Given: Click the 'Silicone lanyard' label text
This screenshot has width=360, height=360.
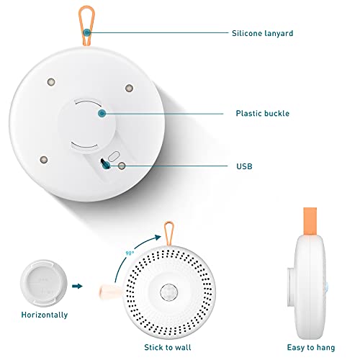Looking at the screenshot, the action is pyautogui.click(x=262, y=33).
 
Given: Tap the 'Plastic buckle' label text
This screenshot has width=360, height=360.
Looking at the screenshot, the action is pyautogui.click(x=263, y=113).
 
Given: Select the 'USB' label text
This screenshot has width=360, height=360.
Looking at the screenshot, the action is pyautogui.click(x=244, y=166).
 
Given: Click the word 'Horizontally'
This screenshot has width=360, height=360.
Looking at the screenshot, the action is pyautogui.click(x=45, y=315).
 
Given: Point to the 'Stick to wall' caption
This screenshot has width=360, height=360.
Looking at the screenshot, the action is pyautogui.click(x=168, y=347).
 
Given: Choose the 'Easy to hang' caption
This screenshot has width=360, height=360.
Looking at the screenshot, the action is pyautogui.click(x=311, y=348).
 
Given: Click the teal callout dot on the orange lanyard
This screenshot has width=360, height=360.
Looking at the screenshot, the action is pyautogui.click(x=86, y=32).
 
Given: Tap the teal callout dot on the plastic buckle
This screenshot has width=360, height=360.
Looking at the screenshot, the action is pyautogui.click(x=102, y=113).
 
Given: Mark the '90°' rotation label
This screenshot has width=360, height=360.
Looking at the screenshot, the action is pyautogui.click(x=130, y=253).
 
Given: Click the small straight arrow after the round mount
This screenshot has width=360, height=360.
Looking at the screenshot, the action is pyautogui.click(x=77, y=286).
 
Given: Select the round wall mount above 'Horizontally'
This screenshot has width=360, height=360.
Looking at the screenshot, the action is pyautogui.click(x=44, y=284).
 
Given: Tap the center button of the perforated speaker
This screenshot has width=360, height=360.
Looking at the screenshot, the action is pyautogui.click(x=169, y=292).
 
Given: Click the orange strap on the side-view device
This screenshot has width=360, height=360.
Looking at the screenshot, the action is pyautogui.click(x=310, y=221).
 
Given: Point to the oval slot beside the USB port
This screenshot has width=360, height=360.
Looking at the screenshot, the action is pyautogui.click(x=114, y=156).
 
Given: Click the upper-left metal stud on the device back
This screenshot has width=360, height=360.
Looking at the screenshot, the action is pyautogui.click(x=51, y=82).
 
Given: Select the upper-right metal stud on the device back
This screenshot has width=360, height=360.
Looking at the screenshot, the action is pyautogui.click(x=130, y=88).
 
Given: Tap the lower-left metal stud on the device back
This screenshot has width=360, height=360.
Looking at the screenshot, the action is pyautogui.click(x=44, y=160).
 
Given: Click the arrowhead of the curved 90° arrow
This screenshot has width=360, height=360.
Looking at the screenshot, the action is pyautogui.click(x=158, y=238).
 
